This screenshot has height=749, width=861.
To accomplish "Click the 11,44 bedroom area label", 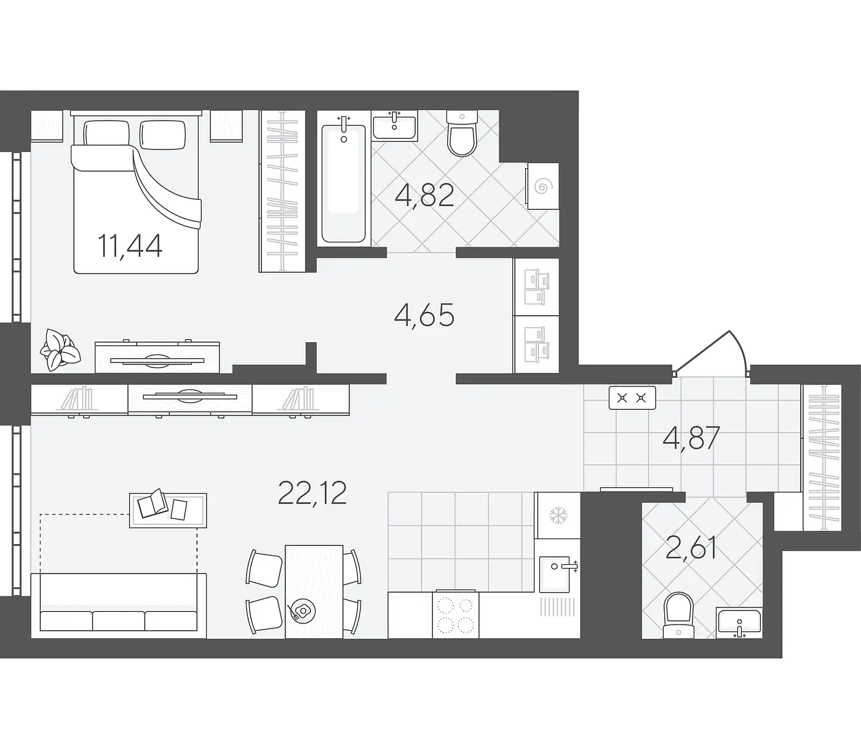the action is tap(130, 247).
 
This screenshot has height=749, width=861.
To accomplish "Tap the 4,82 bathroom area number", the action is tap(424, 195).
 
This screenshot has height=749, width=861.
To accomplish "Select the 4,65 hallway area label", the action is tap(424, 314).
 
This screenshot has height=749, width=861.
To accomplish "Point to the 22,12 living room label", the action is tap(312, 493).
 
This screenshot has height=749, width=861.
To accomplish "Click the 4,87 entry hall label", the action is tap(691, 438).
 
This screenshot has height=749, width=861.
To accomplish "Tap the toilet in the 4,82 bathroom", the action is tap(462, 132).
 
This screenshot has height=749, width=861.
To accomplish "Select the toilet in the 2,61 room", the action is tap(678, 615).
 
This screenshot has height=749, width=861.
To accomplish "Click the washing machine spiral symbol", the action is tap(542, 186).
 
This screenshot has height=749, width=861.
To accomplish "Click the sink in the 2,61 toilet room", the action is tap(739, 622).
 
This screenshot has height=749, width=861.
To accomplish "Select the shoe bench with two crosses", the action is tap(632, 398).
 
